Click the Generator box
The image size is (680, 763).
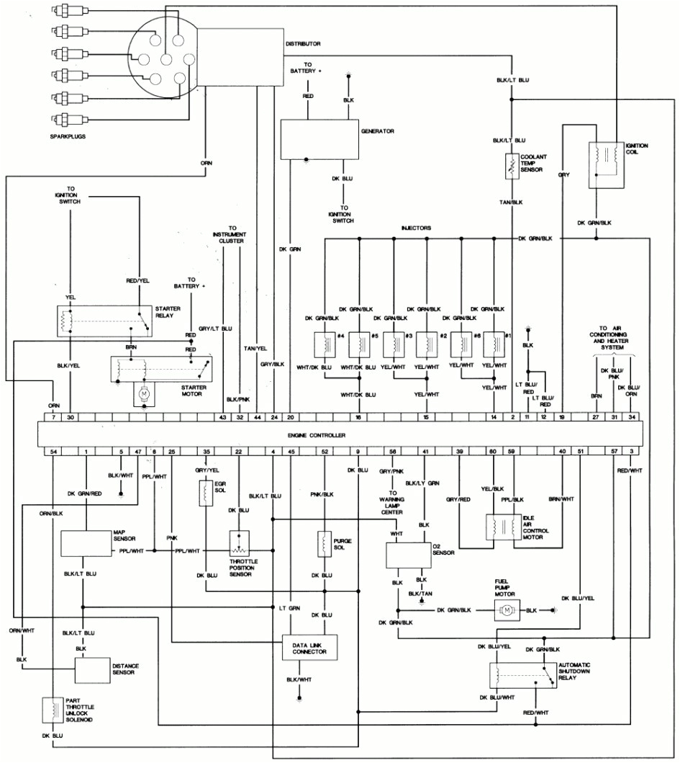[319, 139]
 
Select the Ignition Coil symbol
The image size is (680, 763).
[607, 165]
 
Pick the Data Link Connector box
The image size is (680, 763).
[309, 648]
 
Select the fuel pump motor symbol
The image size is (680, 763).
[505, 611]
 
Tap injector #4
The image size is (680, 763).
[325, 344]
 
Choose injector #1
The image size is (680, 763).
[494, 344]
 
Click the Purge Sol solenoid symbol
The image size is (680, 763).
[325, 544]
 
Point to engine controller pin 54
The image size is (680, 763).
[53, 451]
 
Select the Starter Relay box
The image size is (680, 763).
[105, 321]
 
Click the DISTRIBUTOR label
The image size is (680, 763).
[303, 44]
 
